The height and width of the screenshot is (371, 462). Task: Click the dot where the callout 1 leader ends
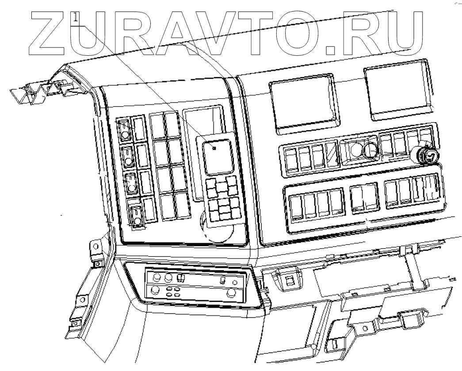(x=214, y=148)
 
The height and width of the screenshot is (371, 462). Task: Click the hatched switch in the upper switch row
(x=332, y=155)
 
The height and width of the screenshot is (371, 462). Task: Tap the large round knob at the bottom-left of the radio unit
(x=155, y=290)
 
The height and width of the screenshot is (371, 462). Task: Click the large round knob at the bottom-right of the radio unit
(x=231, y=294)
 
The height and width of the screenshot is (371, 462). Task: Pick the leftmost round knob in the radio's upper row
(x=157, y=278)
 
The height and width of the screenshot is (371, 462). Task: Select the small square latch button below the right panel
(x=290, y=281)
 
